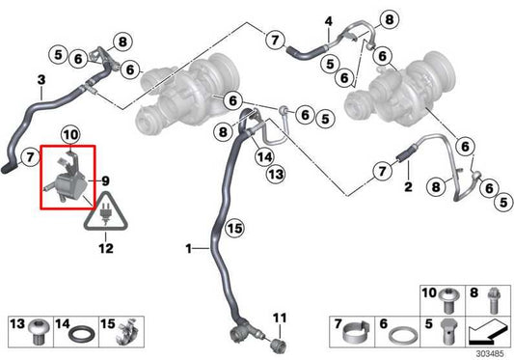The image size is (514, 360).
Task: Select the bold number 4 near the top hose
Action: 328,21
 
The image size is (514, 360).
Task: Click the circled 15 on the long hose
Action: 234,229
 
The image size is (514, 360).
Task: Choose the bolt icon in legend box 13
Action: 40,331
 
